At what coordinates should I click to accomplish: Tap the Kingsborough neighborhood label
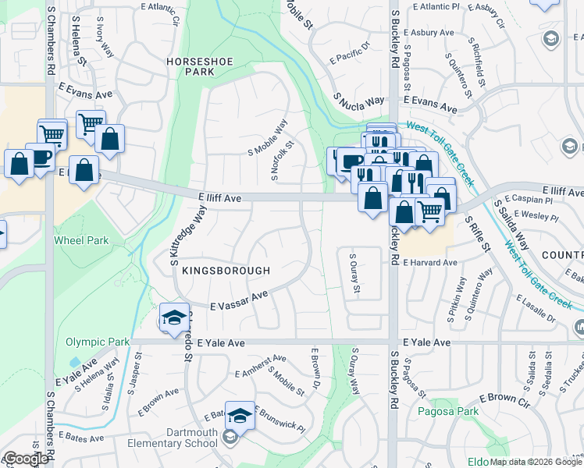[x=226, y=271]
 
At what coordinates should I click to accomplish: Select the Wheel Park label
[x=81, y=241]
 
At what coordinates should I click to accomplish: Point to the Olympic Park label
[x=97, y=342]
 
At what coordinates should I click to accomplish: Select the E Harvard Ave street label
[x=429, y=263]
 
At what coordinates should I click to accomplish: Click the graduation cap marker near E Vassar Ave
[x=175, y=317]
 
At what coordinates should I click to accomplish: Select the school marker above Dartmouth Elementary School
[x=240, y=416]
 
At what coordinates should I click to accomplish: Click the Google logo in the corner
[x=25, y=459]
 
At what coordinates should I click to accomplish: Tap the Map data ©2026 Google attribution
[x=536, y=462]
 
